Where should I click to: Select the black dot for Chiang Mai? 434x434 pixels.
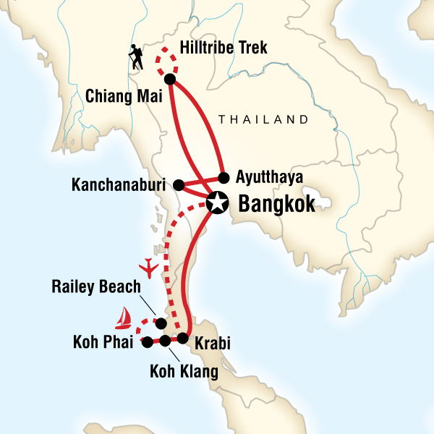170,80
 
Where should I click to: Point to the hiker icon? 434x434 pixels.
135,57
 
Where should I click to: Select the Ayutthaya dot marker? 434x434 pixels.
224,176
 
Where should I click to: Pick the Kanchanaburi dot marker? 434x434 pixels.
179,185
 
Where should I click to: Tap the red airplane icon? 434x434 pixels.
151,268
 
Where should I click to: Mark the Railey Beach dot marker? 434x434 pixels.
161,323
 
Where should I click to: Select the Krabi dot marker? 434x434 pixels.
183,338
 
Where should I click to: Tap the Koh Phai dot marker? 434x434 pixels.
148,341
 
